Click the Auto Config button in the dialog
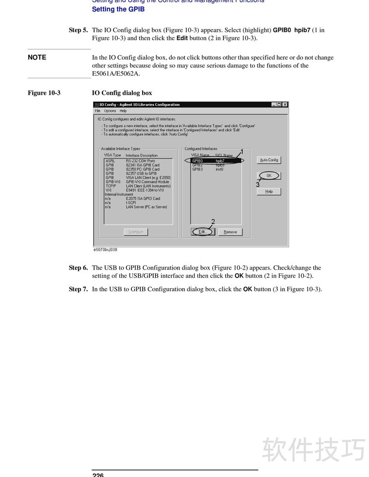[269, 160]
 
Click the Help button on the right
[269, 191]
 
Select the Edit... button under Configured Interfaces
[202, 232]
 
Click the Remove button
[230, 232]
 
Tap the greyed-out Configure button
[136, 232]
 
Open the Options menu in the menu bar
[110, 111]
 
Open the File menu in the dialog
[98, 111]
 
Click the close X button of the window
[285, 105]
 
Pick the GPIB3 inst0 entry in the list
[208, 169]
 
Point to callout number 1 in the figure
[242, 152]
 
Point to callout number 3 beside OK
[258, 184]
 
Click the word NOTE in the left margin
[37, 58]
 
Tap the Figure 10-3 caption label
[44, 93]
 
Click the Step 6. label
[78, 268]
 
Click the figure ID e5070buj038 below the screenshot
[105, 250]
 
